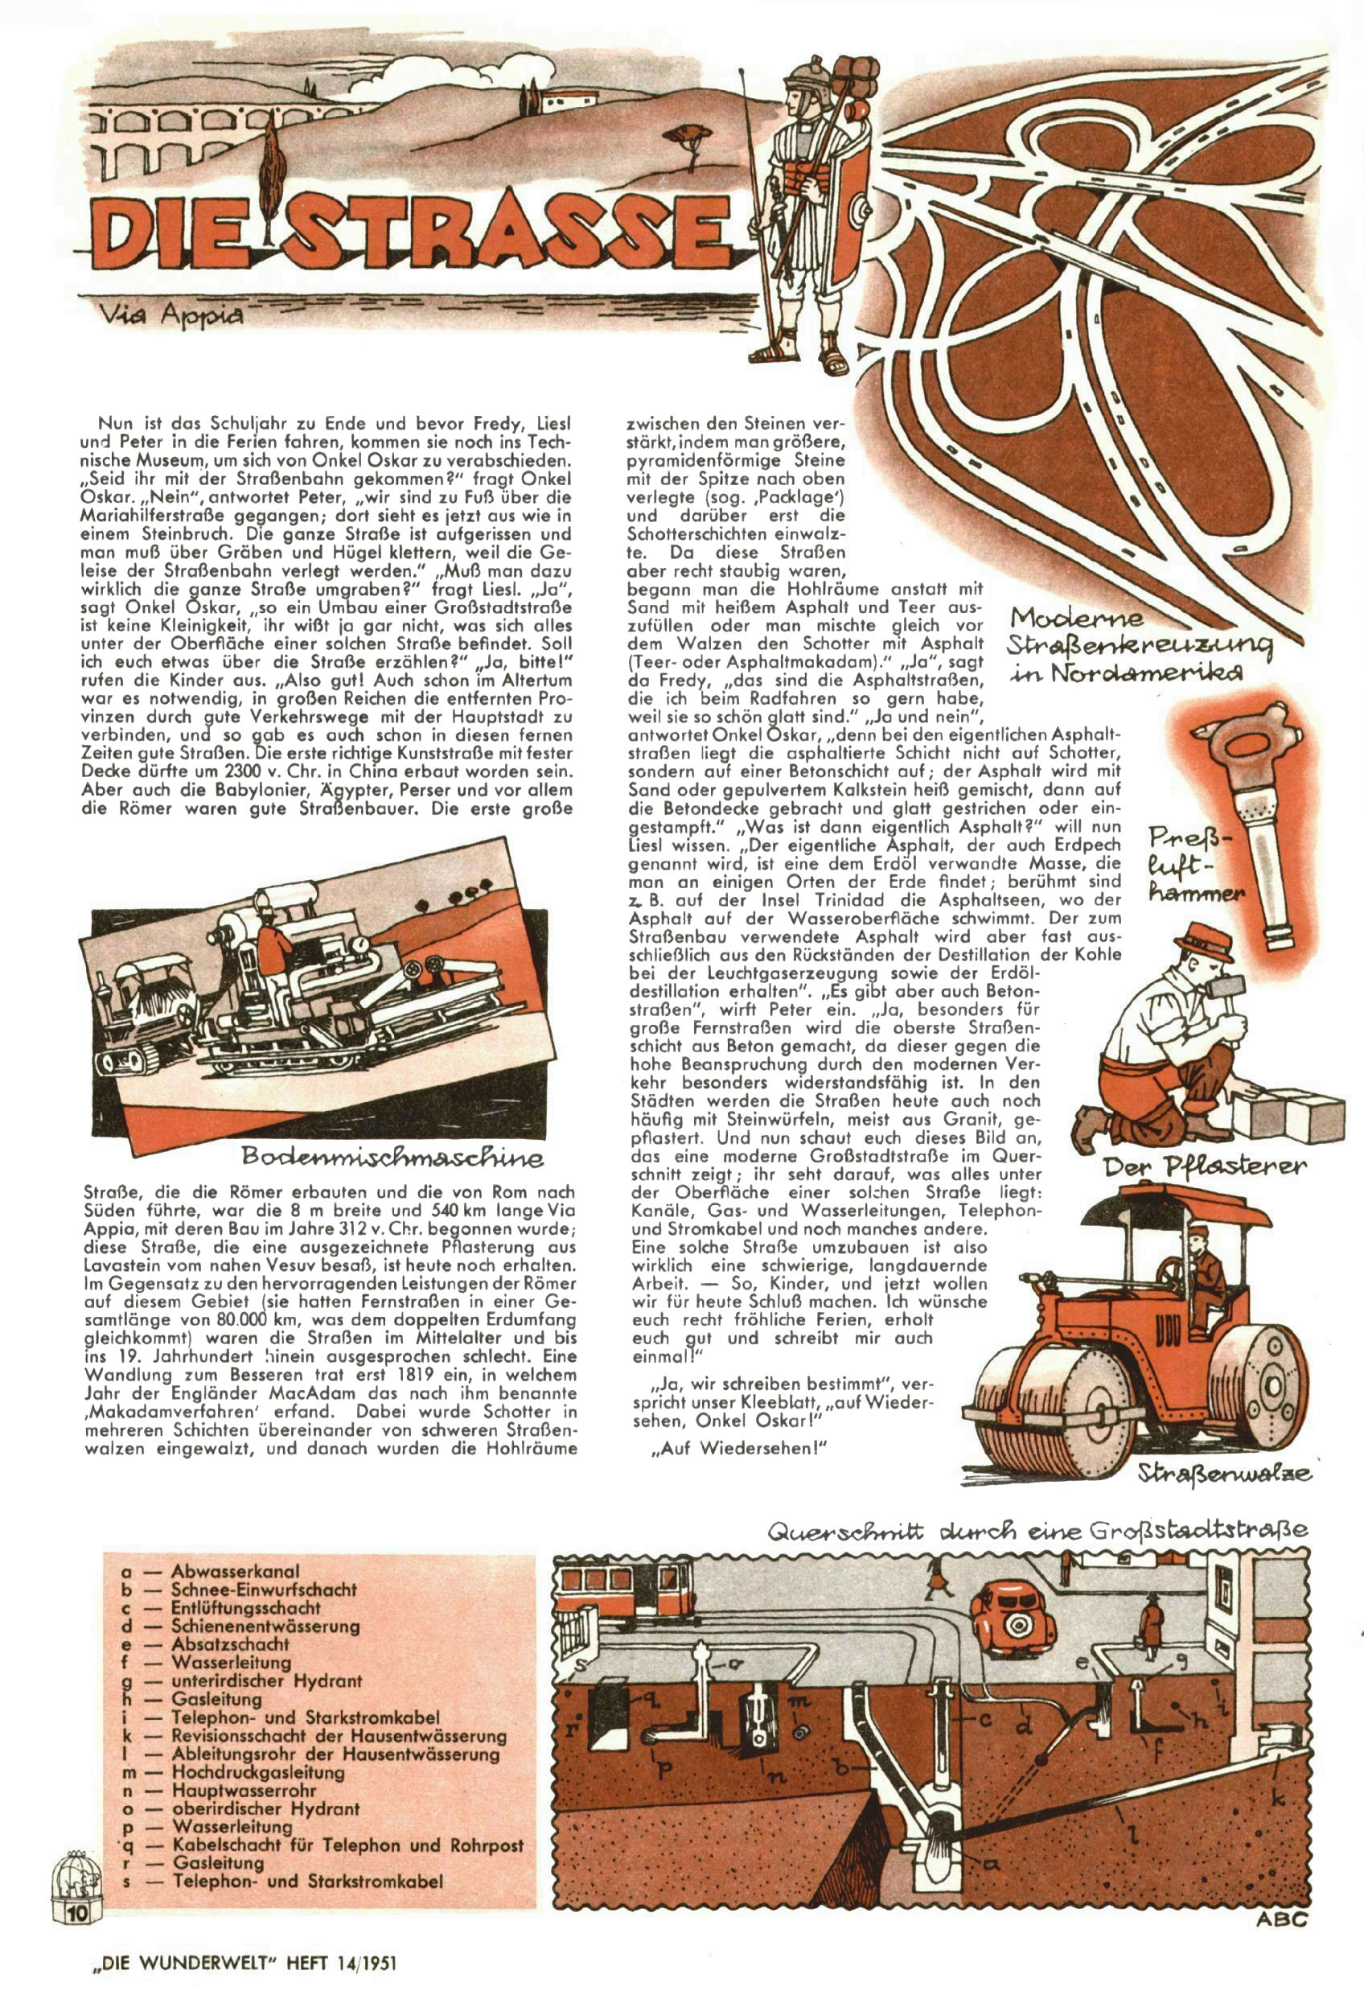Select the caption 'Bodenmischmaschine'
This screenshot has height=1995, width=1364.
pos(393,1157)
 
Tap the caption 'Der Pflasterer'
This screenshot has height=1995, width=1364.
pos(1204,1166)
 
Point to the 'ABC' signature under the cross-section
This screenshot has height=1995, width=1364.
pos(1282,1915)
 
